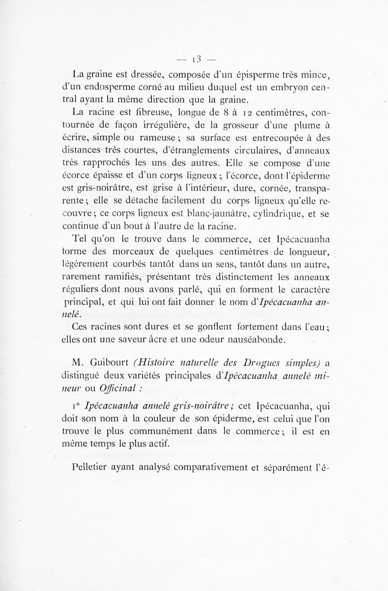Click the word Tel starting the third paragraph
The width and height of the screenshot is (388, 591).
pos(79,239)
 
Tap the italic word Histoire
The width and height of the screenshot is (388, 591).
pos(158,364)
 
